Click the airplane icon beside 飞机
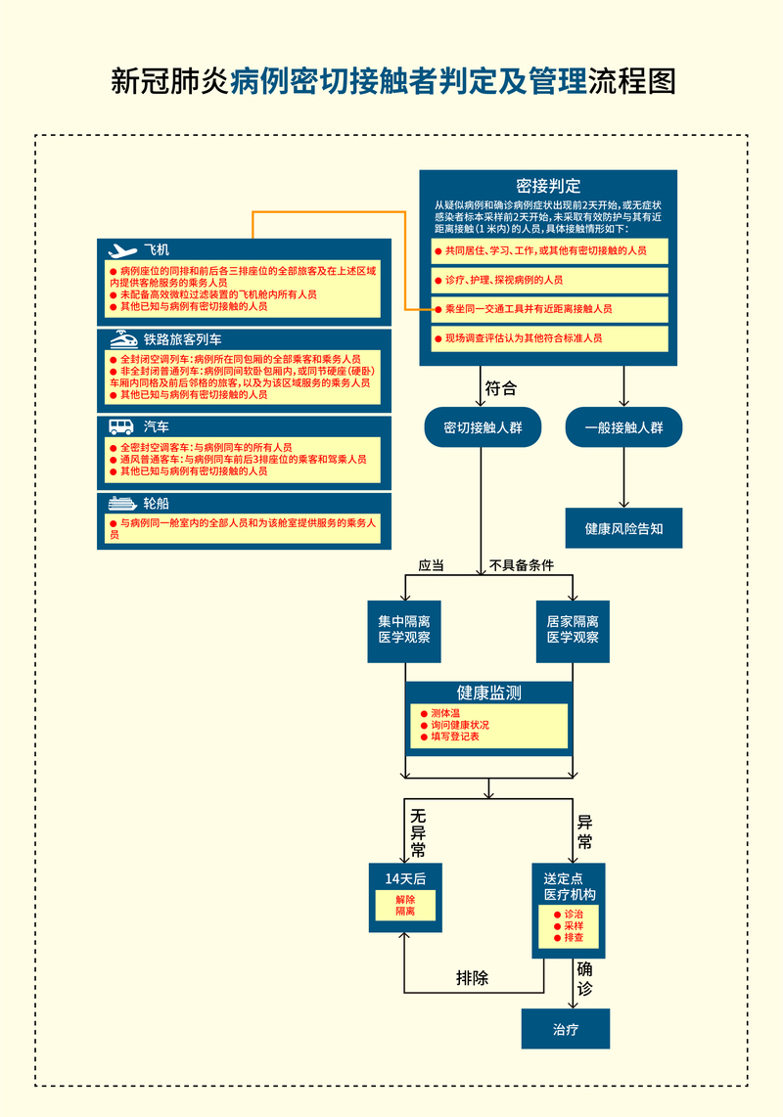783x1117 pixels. (x=122, y=250)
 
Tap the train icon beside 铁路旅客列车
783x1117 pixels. (x=122, y=339)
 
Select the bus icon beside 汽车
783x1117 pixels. (x=121, y=426)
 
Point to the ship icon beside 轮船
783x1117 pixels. (x=121, y=503)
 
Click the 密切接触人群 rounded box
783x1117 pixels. (x=483, y=427)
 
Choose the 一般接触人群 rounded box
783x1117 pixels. (x=623, y=427)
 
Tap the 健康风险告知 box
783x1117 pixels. (x=623, y=528)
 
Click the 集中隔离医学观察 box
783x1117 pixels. (x=405, y=630)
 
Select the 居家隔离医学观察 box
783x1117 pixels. (x=573, y=630)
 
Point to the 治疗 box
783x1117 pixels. (x=565, y=1029)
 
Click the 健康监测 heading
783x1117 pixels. (x=488, y=693)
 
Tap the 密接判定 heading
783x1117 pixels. (x=548, y=186)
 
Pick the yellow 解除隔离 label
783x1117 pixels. (x=405, y=905)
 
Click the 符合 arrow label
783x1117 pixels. (x=500, y=388)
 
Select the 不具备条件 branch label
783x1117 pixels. (x=522, y=565)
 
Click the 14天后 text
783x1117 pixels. (x=405, y=878)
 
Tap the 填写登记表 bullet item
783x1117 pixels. (x=455, y=737)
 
